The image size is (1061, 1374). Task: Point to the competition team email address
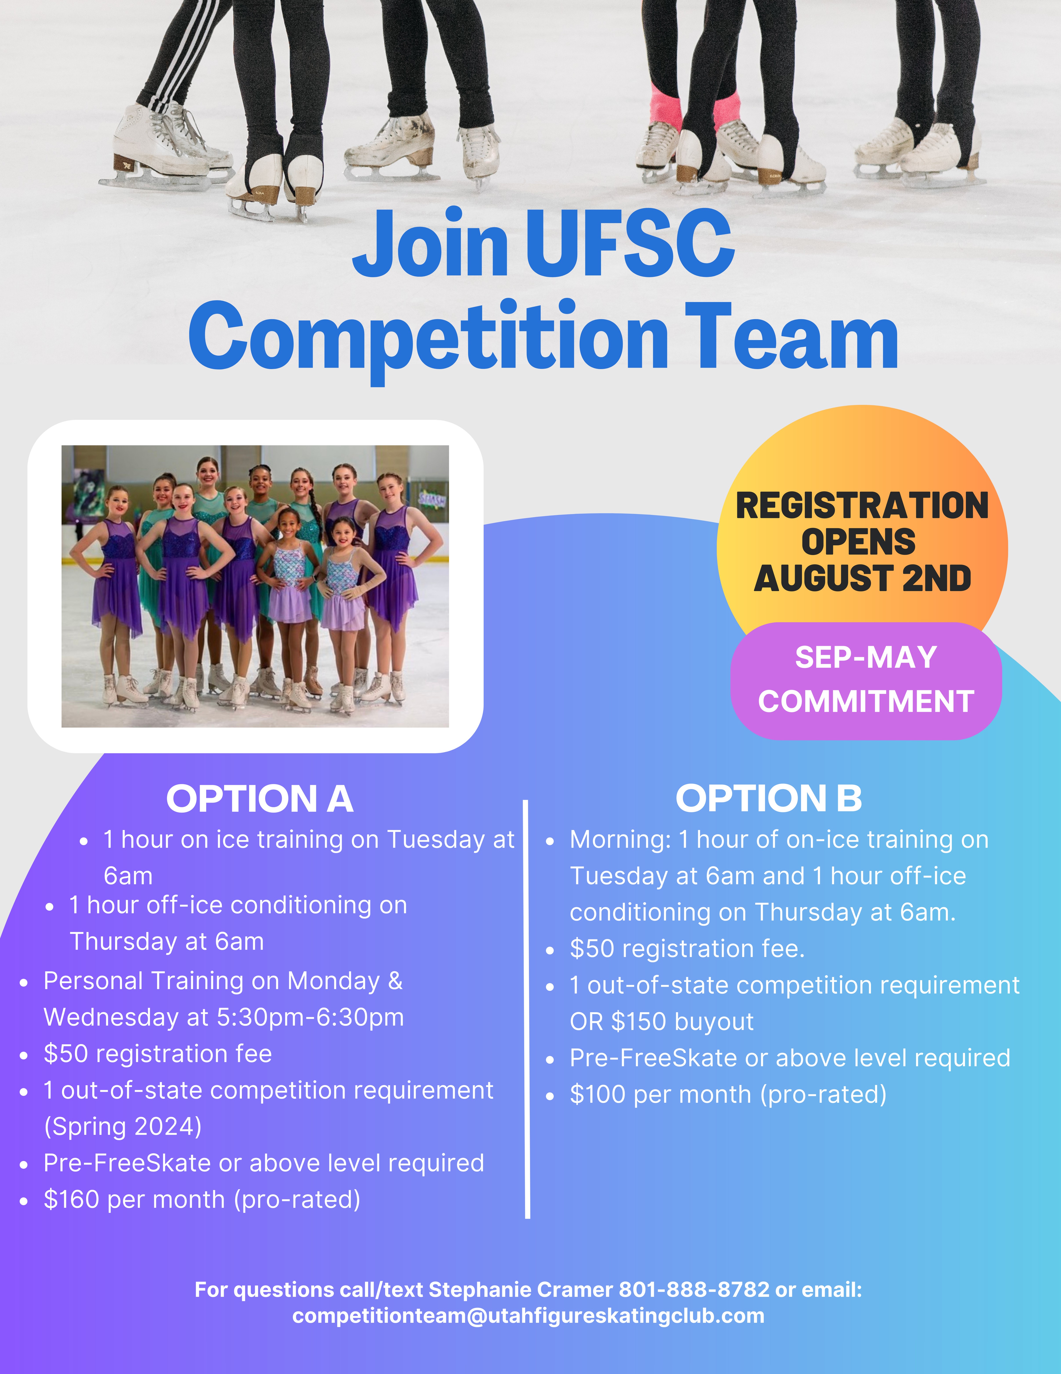[528, 1316]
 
